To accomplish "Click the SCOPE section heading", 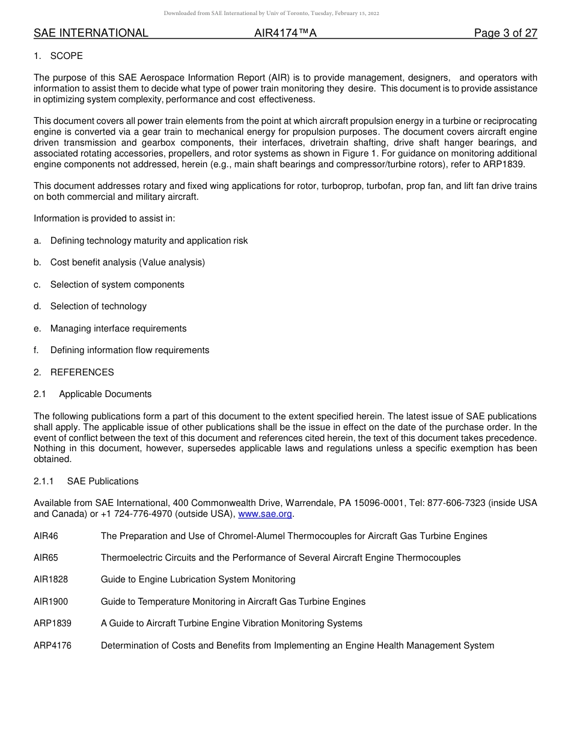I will [x=66, y=56].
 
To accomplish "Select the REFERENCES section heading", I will [x=82, y=372].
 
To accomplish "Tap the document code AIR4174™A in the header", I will [x=285, y=33].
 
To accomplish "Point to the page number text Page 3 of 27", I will [x=505, y=33].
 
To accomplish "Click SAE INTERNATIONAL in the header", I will [x=91, y=33].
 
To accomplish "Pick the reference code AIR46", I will [x=46, y=536].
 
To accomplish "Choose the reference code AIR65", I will [x=46, y=558].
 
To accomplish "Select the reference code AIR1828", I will [x=51, y=579].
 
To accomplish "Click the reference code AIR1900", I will [x=51, y=602].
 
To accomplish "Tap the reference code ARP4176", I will [x=52, y=646].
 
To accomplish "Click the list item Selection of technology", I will [x=99, y=306].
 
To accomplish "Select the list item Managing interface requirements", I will [x=118, y=328].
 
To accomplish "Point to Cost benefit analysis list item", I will [x=127, y=262].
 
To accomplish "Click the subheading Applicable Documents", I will [x=105, y=394].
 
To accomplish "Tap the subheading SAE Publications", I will [x=103, y=481].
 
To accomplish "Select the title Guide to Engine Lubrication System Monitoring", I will [x=198, y=579].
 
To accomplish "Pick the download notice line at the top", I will [x=272, y=13].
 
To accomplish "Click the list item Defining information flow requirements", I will [x=130, y=350].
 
